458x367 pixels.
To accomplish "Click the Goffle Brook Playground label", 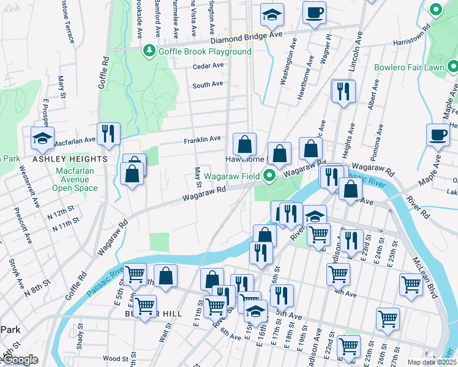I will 205,51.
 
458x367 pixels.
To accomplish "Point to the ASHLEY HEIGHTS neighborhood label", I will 70,159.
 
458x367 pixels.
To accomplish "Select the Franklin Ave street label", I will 202,139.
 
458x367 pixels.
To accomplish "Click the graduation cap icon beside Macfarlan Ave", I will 42,138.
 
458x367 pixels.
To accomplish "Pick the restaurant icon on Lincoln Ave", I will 343,91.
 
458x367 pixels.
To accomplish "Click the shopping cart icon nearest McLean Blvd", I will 410,284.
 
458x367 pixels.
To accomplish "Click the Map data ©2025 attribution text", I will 432,362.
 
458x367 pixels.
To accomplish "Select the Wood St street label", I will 115,358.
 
